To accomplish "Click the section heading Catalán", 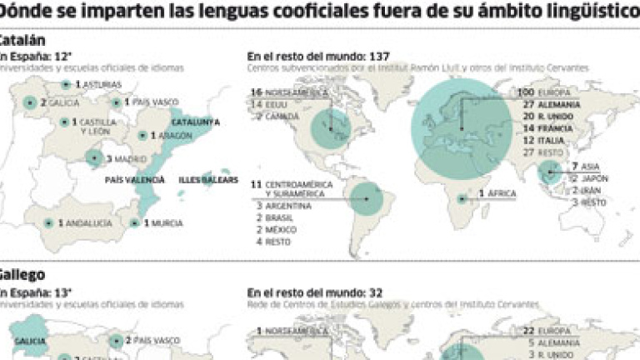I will (22, 40).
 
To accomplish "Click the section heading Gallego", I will (22, 274).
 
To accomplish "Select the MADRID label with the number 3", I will (122, 158).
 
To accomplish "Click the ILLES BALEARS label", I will (208, 180).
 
